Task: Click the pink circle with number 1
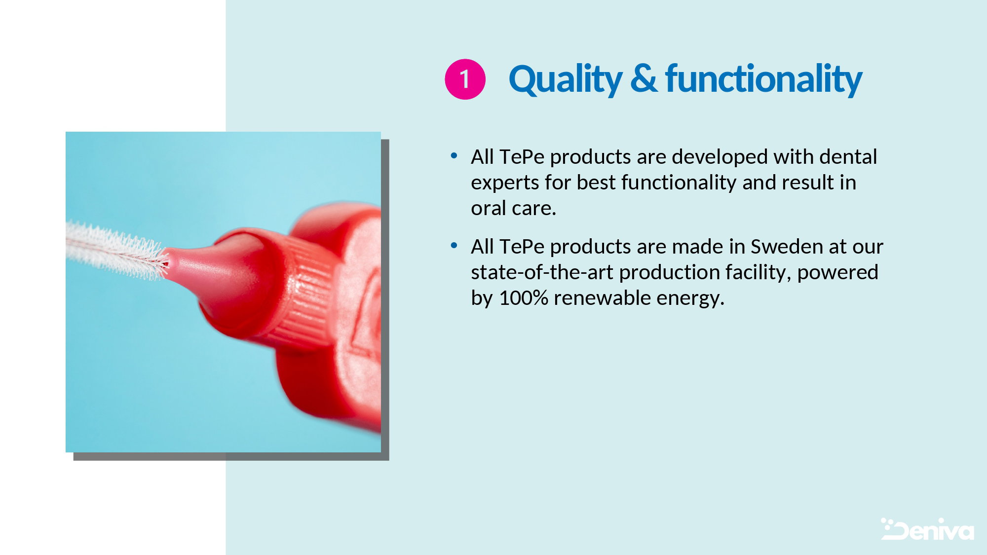pos(465,79)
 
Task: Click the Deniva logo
pos(927,529)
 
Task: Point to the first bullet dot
pos(454,156)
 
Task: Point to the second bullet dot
pos(454,246)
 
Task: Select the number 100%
pos(524,298)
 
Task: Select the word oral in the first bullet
pos(490,208)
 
